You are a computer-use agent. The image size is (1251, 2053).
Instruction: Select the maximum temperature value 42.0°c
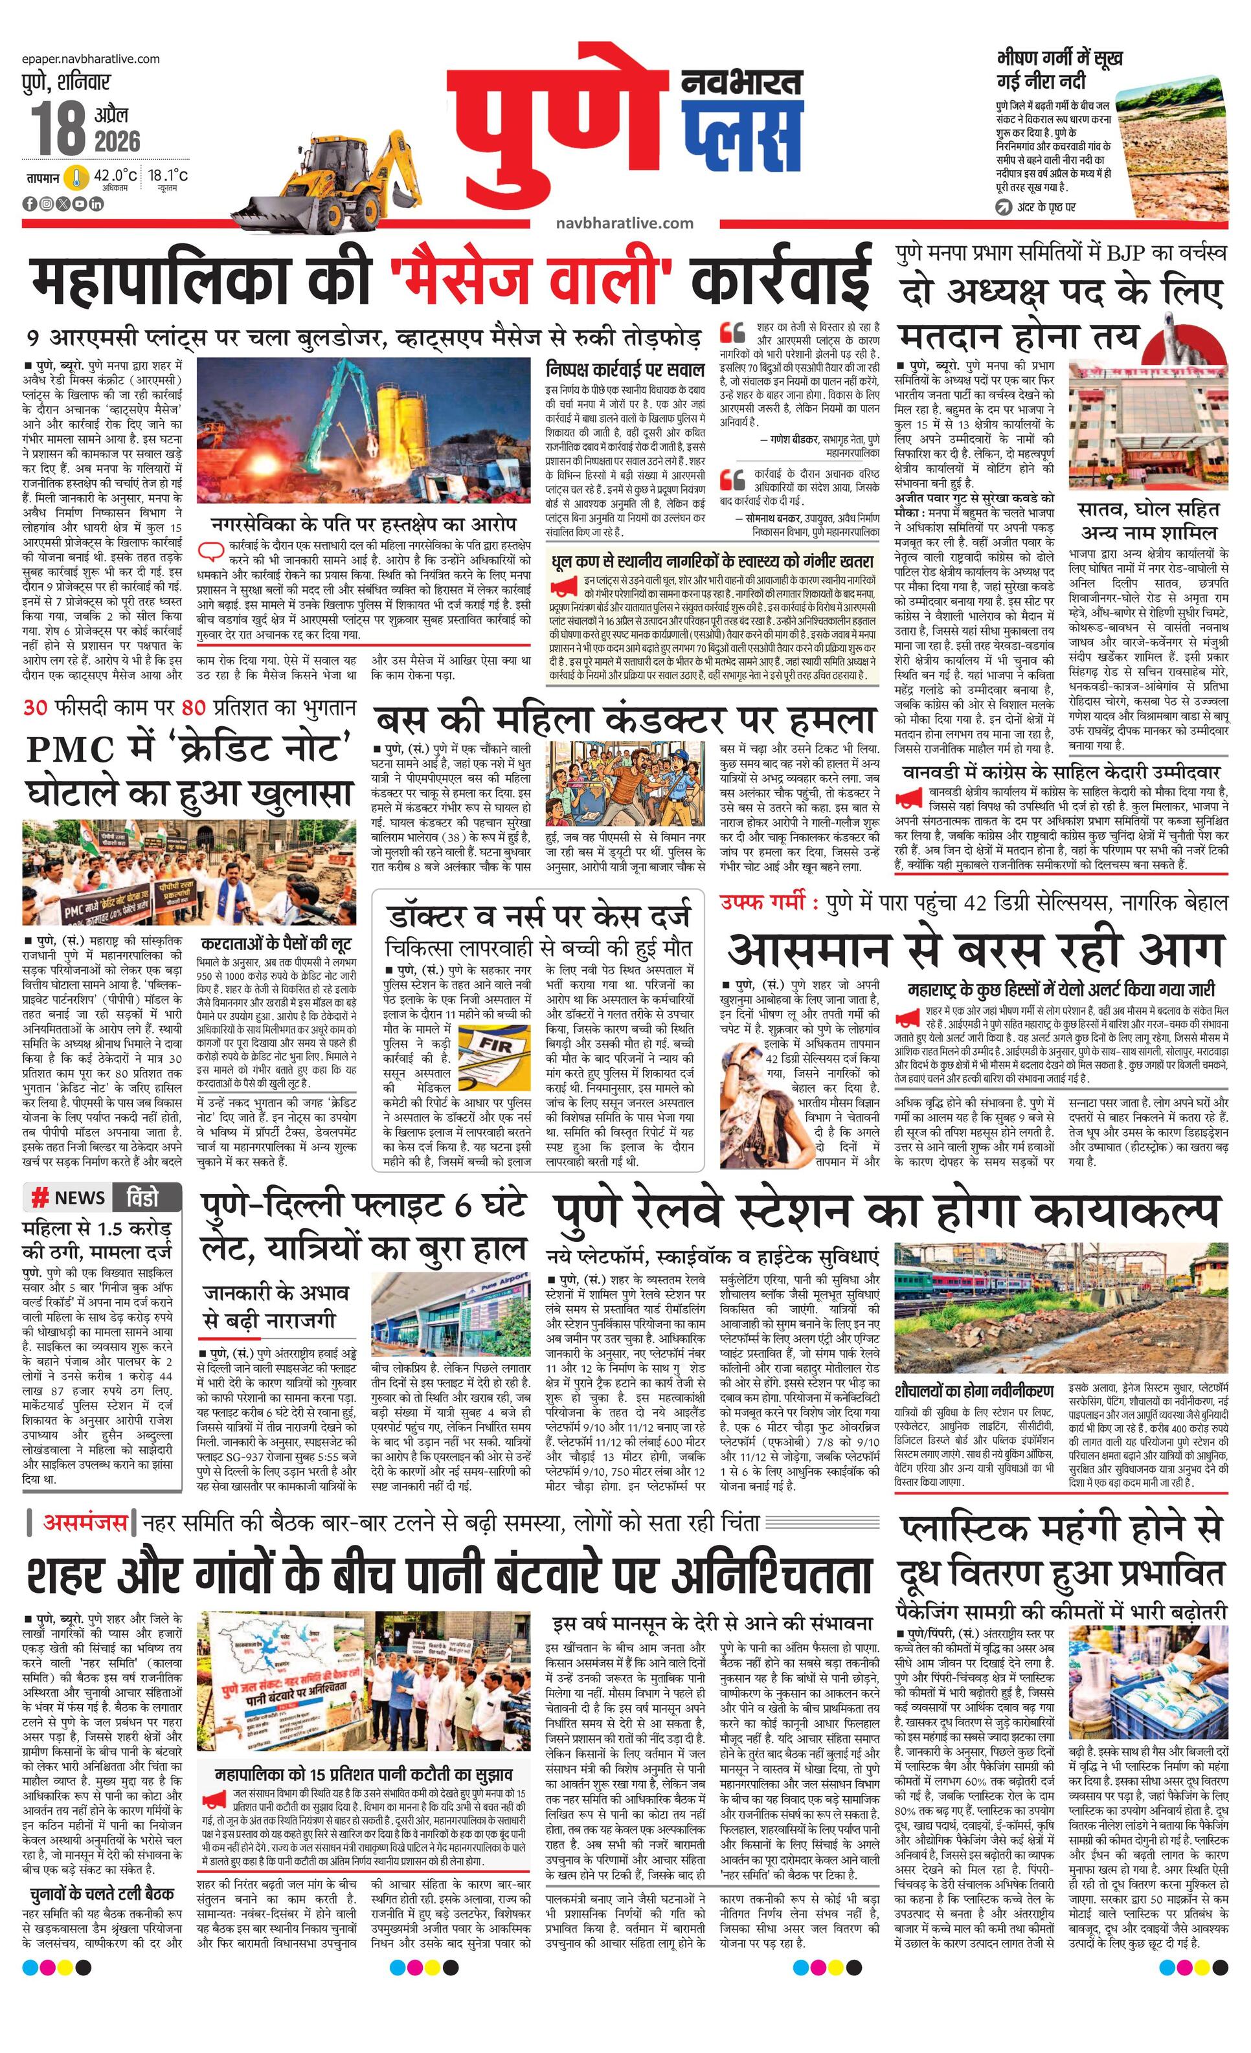115,175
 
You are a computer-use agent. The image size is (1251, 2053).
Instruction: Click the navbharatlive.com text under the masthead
624,223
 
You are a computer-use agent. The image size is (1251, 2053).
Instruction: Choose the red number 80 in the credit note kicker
192,707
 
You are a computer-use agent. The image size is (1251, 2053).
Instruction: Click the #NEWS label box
69,1197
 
